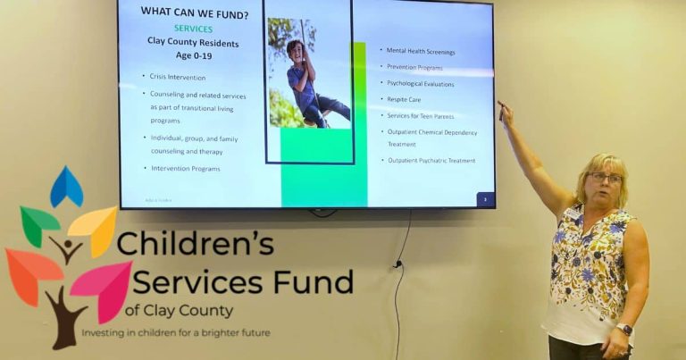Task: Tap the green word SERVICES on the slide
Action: coord(193,29)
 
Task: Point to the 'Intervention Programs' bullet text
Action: coord(185,168)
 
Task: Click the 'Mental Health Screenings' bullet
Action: coord(421,52)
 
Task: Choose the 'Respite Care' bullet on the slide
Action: coord(404,99)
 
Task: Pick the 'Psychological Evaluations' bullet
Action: coord(421,84)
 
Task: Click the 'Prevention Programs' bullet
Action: coord(414,68)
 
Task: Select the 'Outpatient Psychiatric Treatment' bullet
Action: coord(431,161)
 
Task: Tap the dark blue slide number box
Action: coord(485,199)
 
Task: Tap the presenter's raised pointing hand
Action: coord(506,113)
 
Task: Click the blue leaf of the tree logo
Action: coord(66,188)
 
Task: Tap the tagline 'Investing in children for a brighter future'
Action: coord(176,333)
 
